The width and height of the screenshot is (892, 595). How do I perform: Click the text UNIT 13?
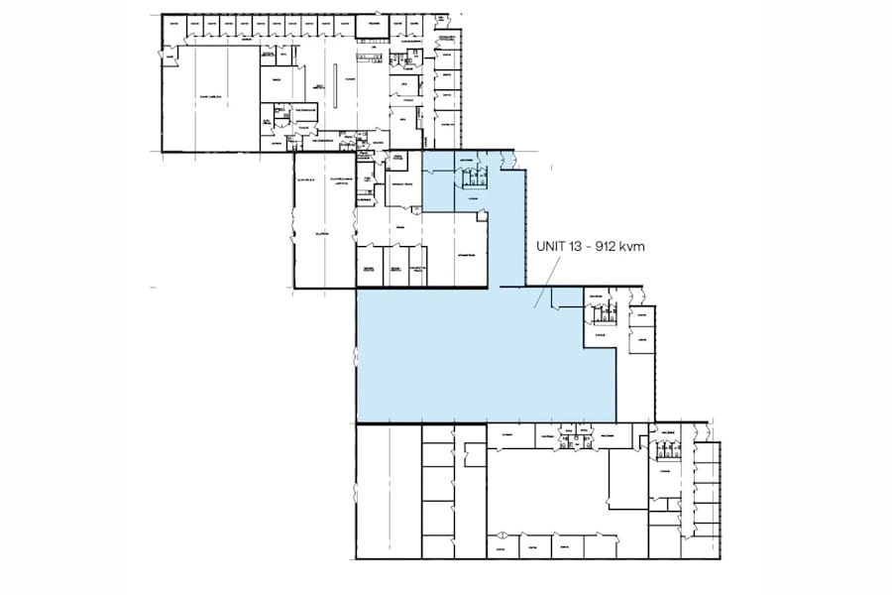[x=551, y=248]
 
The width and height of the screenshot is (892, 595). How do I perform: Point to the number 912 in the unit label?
[x=601, y=248]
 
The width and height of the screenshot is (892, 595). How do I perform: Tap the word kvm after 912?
[x=631, y=248]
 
